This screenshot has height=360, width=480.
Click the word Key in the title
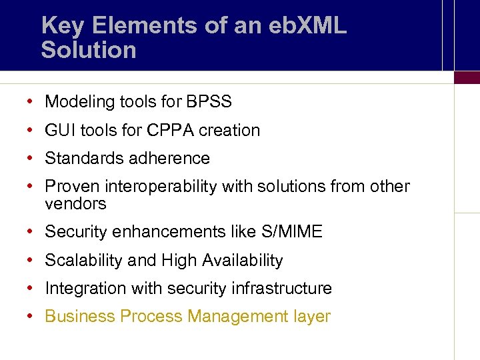63,26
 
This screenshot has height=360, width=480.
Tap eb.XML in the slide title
309,26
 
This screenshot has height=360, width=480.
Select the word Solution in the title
89,50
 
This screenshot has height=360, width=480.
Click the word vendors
75,203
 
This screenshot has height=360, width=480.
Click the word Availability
243,261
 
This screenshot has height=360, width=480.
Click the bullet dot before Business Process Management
31,317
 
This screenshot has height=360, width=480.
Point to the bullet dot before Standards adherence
31,159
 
